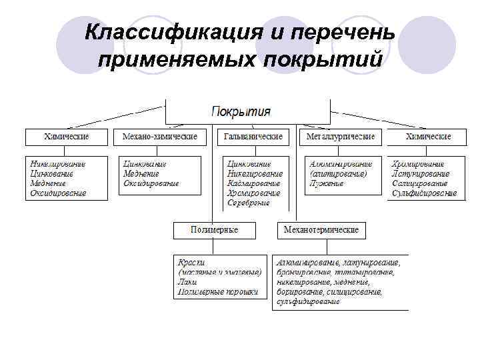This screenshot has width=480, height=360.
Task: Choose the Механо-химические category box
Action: click(x=160, y=137)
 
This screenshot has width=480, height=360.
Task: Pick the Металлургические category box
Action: click(x=340, y=137)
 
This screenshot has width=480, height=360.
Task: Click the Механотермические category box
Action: click(x=321, y=230)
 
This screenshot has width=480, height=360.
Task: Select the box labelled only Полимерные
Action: click(x=214, y=230)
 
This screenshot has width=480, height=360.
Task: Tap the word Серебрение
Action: click(x=248, y=202)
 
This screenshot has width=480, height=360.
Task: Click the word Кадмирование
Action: click(x=253, y=183)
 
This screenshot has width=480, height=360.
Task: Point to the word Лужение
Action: click(x=326, y=183)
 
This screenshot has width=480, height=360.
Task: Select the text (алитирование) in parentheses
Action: click(x=338, y=173)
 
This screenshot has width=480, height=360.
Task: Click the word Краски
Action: click(x=191, y=262)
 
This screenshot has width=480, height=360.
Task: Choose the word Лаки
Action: click(x=187, y=281)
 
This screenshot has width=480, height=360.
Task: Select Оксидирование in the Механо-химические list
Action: click(x=151, y=183)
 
